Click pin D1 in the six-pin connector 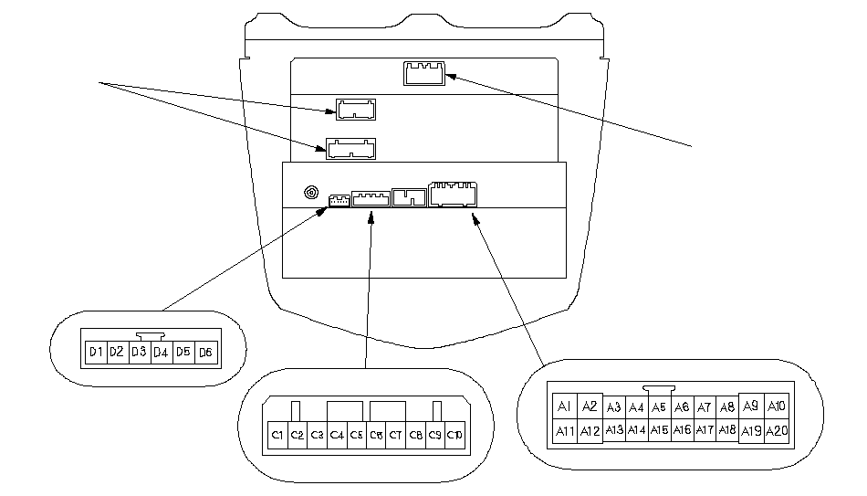pyautogui.click(x=95, y=352)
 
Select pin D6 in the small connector pyautogui.click(x=206, y=352)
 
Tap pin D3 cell pyautogui.click(x=139, y=352)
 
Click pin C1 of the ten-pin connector pyautogui.click(x=277, y=436)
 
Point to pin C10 pyautogui.click(x=453, y=436)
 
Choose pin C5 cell pyautogui.click(x=357, y=436)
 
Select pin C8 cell pyautogui.click(x=416, y=436)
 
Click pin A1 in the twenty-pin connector pyautogui.click(x=564, y=406)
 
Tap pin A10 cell pyautogui.click(x=777, y=406)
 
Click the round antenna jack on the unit pyautogui.click(x=312, y=194)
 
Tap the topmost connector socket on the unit pyautogui.click(x=423, y=71)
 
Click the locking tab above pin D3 pyautogui.click(x=149, y=336)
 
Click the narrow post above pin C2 pyautogui.click(x=296, y=410)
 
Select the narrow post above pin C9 pyautogui.click(x=436, y=410)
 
